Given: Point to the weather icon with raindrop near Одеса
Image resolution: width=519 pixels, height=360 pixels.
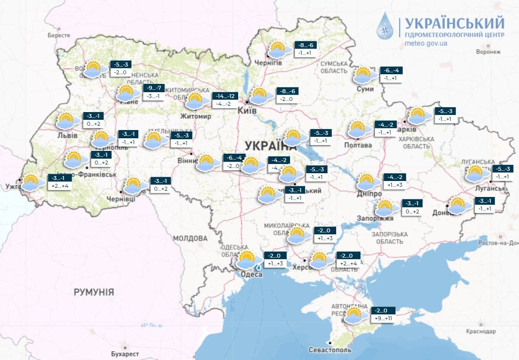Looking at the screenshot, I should [x=247, y=261].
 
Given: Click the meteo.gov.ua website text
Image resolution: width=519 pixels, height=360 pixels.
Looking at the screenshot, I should [x=425, y=43].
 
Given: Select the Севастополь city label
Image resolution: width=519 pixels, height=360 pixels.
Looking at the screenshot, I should [x=329, y=350].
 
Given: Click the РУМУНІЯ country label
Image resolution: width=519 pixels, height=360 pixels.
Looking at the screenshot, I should [x=94, y=292].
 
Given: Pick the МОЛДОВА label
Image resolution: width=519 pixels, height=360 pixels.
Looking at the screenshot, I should [x=190, y=238].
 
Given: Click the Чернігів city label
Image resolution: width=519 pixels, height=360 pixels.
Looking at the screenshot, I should [x=269, y=63].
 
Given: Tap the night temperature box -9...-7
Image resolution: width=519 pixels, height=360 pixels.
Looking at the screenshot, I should [x=155, y=88].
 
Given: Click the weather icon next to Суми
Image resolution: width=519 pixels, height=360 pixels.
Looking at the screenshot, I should [x=364, y=75].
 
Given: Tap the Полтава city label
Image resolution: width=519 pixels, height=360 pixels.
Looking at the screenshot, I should [x=358, y=145].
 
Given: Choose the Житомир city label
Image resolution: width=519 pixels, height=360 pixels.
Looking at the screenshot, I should [x=195, y=116].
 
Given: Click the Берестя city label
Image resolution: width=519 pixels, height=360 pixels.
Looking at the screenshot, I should [x=59, y=35].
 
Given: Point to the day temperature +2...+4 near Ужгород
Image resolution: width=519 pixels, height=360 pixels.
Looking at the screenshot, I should [x=60, y=186].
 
